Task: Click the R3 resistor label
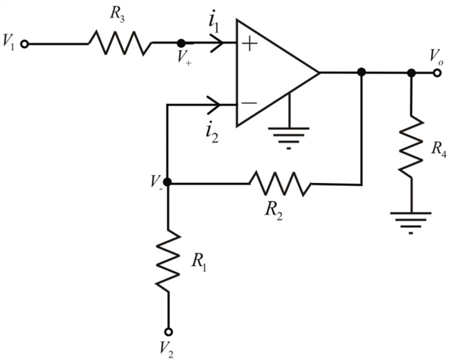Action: click(x=117, y=15)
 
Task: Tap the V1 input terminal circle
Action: click(x=24, y=44)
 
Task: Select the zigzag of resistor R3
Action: click(x=120, y=43)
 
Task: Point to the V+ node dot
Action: click(x=181, y=43)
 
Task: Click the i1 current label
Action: click(x=214, y=24)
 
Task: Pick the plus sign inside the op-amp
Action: click(x=249, y=44)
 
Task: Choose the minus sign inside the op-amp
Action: click(x=249, y=103)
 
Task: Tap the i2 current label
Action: click(x=212, y=133)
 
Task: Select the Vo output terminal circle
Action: click(x=437, y=73)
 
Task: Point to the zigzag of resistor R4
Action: click(x=412, y=147)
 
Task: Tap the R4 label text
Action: click(x=439, y=149)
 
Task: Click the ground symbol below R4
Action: click(x=411, y=223)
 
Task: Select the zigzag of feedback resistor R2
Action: click(x=280, y=184)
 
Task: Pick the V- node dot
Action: click(x=167, y=182)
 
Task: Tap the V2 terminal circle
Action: click(x=169, y=332)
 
